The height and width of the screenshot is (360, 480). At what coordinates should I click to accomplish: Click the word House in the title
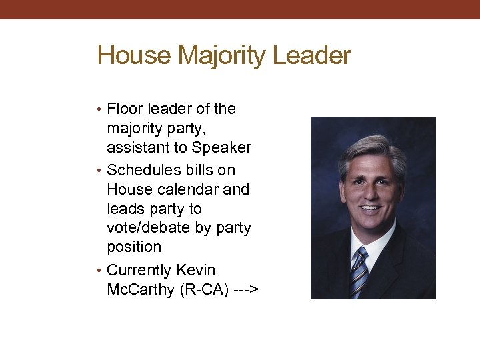[133, 55]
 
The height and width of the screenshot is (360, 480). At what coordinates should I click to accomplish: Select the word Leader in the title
[312, 55]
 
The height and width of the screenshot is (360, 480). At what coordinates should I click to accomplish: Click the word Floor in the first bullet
[122, 109]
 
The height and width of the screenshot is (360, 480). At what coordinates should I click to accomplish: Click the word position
[134, 247]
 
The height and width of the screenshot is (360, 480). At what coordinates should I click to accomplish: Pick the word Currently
[140, 271]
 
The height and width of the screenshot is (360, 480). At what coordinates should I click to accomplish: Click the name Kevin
[196, 271]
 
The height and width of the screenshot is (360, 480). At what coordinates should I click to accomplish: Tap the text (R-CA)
[199, 290]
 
